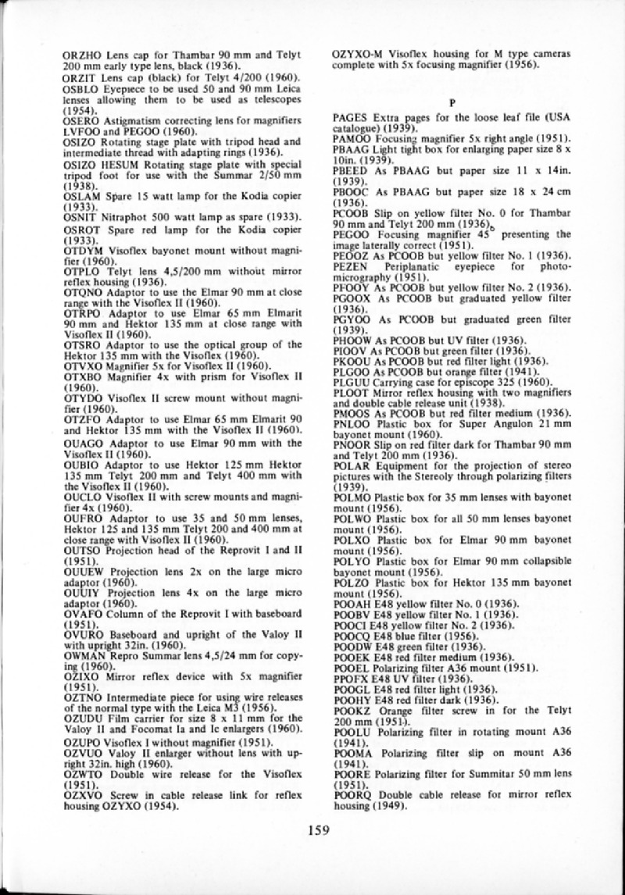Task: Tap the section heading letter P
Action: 452,103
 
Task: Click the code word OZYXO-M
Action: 358,55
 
